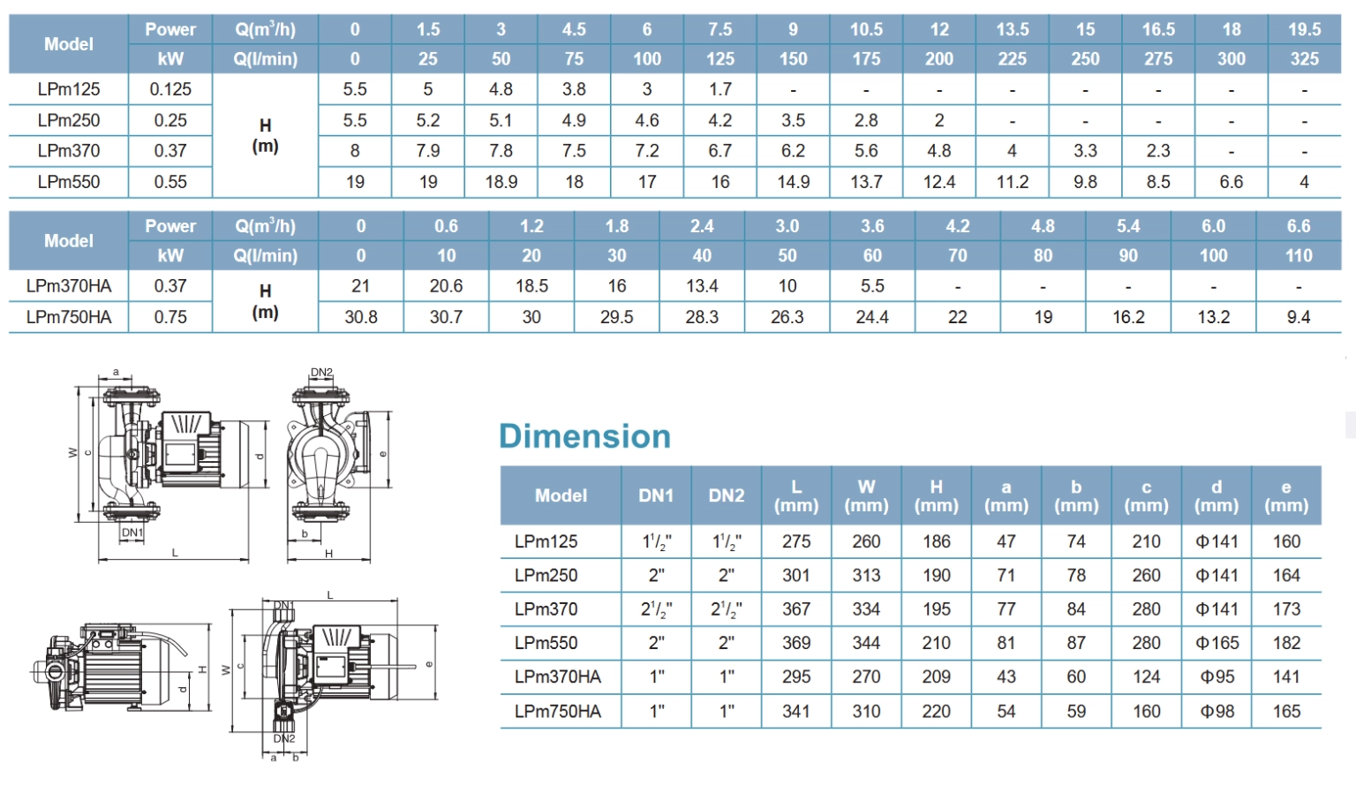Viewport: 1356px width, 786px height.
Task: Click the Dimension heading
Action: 584,436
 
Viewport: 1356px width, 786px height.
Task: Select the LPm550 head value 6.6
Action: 1231,182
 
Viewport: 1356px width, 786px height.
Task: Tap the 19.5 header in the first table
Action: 1304,29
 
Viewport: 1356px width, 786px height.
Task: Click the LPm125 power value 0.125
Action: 170,89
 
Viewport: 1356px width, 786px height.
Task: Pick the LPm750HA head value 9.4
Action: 1298,317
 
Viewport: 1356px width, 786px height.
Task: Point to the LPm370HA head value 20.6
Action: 446,286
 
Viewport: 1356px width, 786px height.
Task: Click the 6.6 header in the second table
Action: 1298,226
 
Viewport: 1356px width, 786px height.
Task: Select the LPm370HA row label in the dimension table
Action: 558,677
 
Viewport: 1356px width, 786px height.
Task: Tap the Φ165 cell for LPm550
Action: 1217,643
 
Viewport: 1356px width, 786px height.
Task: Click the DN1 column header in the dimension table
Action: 656,495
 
